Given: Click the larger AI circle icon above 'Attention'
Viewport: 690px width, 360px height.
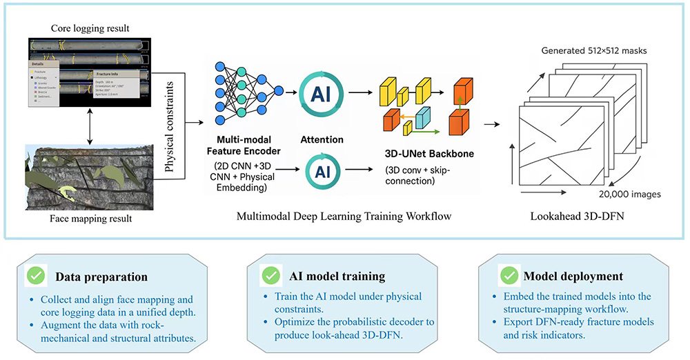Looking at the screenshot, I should click(321, 94).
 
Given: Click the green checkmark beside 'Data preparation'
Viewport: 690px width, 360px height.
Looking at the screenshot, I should click(37, 275).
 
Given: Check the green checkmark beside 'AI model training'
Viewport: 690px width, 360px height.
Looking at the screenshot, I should click(270, 275).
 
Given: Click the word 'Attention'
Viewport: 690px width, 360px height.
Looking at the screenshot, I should click(322, 139).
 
